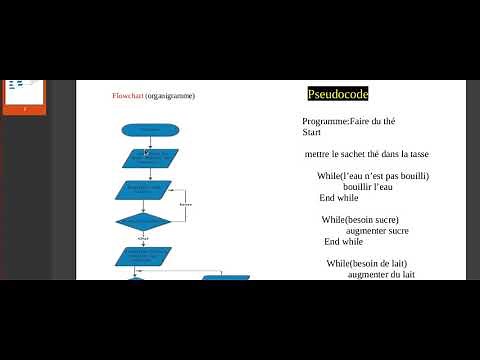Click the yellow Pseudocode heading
point(338,94)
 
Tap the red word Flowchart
point(127,96)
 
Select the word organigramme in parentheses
point(170,96)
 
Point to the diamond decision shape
point(143,222)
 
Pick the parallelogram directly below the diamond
point(144,256)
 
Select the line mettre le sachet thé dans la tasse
point(366,154)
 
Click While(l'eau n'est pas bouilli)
point(372,176)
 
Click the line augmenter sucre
point(377,230)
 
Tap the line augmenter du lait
point(381,274)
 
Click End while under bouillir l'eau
point(339,198)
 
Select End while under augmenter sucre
point(343,241)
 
